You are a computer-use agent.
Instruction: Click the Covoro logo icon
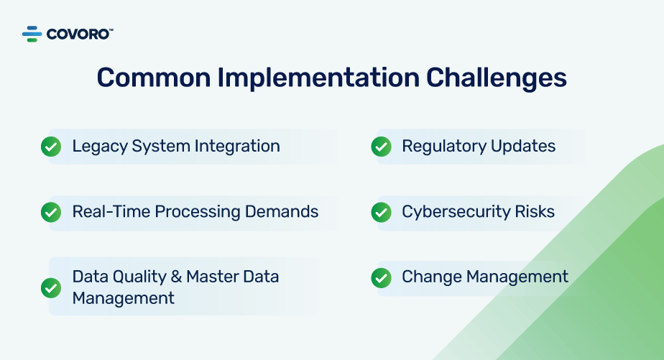[x=32, y=34]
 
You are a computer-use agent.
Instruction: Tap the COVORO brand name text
[x=79, y=34]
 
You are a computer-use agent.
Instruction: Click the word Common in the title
[x=154, y=78]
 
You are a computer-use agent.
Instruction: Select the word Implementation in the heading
[x=318, y=78]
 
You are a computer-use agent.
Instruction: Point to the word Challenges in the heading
[x=497, y=78]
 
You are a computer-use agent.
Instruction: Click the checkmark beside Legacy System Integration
[x=51, y=147]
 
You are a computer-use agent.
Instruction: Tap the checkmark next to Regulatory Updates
[x=381, y=147]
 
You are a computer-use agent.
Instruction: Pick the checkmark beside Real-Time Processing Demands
[x=51, y=212]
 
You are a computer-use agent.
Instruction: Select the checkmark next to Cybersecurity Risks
[x=381, y=212]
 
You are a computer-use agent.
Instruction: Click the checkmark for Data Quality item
[x=51, y=288]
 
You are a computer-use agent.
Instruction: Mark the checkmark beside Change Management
[x=381, y=278]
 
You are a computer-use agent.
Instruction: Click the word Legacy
[x=100, y=147]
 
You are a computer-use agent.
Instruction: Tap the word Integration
[x=237, y=147]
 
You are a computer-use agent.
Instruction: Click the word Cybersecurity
[x=456, y=212]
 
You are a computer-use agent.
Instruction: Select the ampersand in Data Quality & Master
[x=176, y=277]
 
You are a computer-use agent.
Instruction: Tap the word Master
[x=213, y=277]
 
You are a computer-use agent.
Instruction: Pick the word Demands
[x=282, y=212]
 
